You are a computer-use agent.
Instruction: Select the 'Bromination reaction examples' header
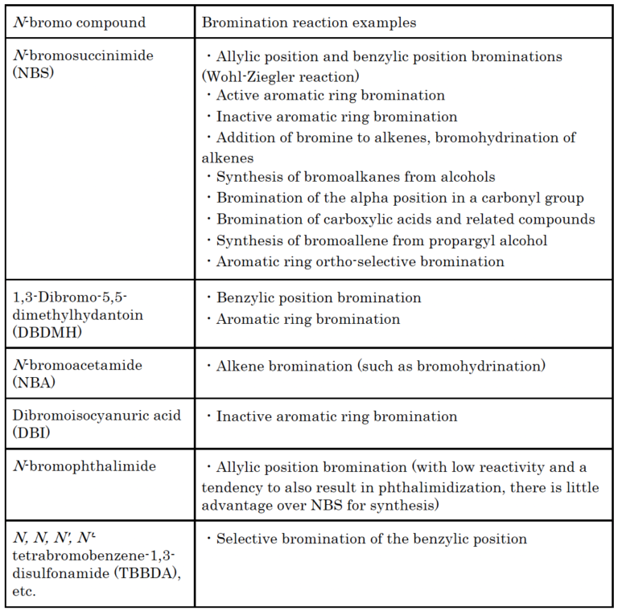coord(309,23)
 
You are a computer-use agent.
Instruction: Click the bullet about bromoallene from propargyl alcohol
coord(365,240)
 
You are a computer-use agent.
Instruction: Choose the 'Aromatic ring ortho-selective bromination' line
coord(360,261)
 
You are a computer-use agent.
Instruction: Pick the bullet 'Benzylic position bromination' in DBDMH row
coord(319,297)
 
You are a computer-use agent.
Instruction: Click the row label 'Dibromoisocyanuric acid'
coord(96,416)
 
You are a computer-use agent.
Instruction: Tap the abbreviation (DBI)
coord(30,433)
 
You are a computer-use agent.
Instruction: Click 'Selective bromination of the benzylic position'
coord(371,539)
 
